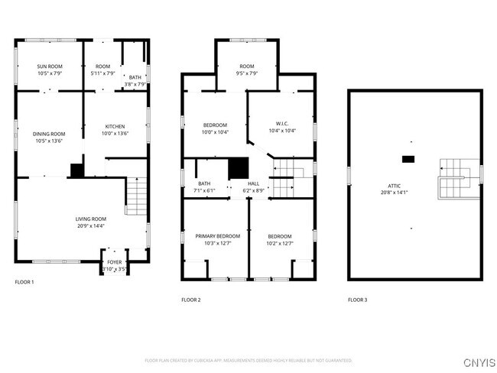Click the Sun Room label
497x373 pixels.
tap(50, 66)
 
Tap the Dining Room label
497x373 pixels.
tap(50, 134)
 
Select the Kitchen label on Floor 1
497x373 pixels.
tap(115, 126)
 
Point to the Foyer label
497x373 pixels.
tap(115, 262)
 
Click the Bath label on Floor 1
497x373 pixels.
tap(135, 77)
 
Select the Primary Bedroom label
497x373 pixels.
tap(218, 236)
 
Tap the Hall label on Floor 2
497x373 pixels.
tap(253, 183)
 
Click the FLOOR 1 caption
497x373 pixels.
tap(24, 283)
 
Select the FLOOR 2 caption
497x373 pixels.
tap(191, 300)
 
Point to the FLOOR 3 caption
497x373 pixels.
tap(357, 300)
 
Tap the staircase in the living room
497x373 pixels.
tap(136, 195)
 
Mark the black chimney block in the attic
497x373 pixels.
tap(409, 159)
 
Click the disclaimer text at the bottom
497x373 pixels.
tap(248, 360)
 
